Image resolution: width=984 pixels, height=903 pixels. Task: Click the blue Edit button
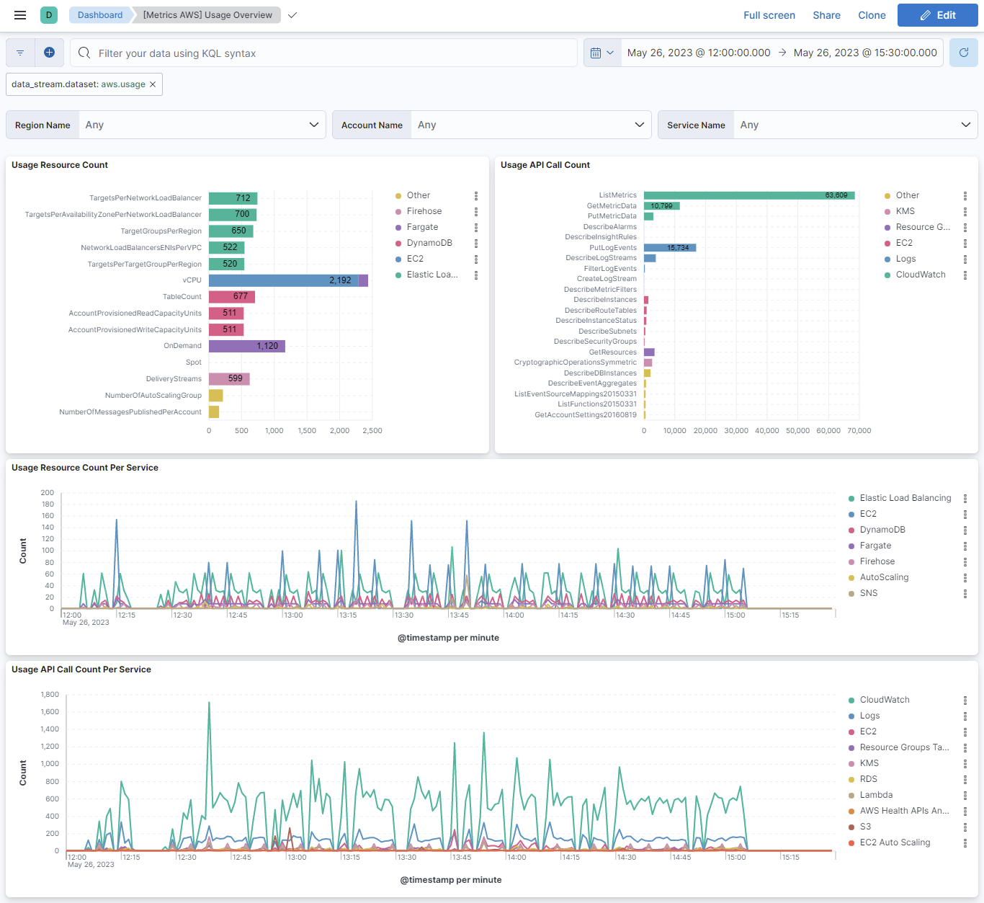[x=937, y=15]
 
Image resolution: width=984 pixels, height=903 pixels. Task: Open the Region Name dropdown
[x=202, y=125]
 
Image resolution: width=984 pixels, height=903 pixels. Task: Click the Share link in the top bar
[x=826, y=15]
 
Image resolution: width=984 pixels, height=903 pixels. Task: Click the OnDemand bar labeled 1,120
[x=246, y=346]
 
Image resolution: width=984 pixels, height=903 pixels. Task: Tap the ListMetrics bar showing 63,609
[x=749, y=195]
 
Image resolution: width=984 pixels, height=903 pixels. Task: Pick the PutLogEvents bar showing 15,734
[x=669, y=248]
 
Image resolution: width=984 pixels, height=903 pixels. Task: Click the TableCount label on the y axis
[x=182, y=297]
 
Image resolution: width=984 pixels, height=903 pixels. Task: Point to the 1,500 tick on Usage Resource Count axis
[x=307, y=430]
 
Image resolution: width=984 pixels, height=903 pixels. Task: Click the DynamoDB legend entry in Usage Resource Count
[x=429, y=243]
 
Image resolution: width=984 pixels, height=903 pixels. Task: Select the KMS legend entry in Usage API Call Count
[x=905, y=211]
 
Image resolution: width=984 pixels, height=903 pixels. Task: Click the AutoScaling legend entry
[x=884, y=577]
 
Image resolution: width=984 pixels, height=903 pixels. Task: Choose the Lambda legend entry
[x=876, y=795]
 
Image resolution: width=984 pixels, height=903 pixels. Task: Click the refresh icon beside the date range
[x=963, y=53]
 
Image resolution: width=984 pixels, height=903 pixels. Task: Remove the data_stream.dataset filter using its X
[x=153, y=84]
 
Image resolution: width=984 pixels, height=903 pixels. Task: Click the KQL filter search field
[x=324, y=53]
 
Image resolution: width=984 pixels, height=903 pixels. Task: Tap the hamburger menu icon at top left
[x=20, y=15]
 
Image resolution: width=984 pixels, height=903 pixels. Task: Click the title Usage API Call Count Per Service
[x=81, y=670]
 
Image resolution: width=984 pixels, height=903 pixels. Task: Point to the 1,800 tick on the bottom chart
[x=50, y=695]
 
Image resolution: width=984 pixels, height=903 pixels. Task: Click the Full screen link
[x=769, y=15]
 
